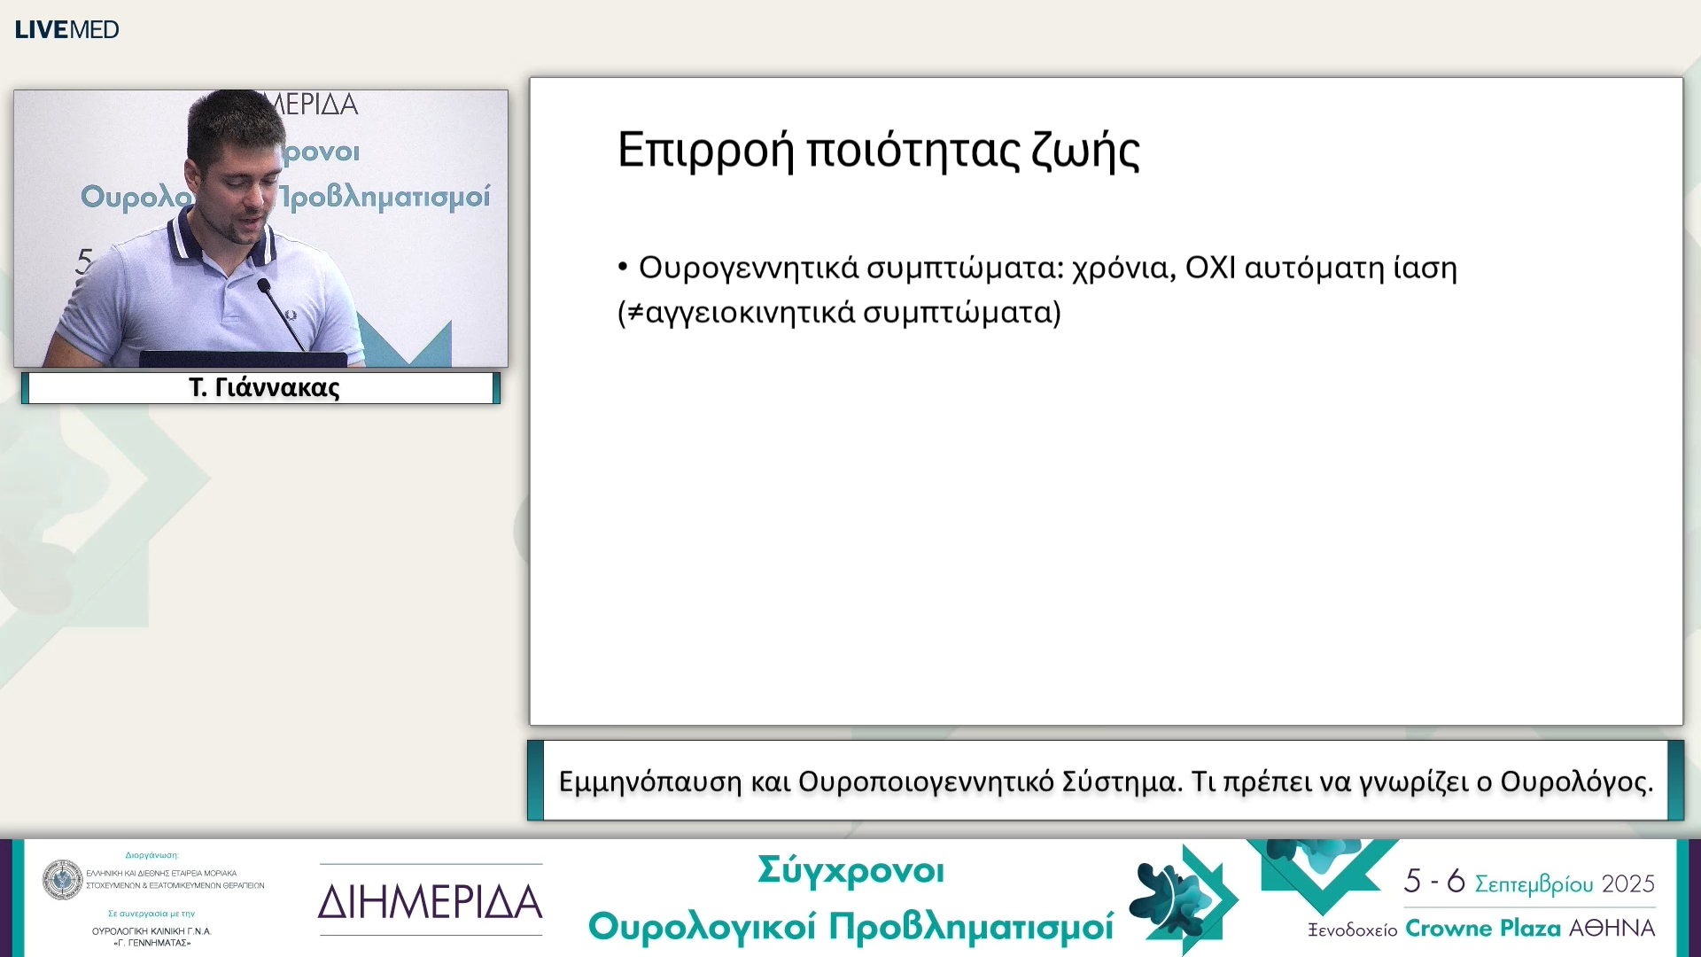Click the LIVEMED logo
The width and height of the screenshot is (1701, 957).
(66, 29)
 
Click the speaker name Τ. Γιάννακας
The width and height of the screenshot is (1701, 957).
(263, 388)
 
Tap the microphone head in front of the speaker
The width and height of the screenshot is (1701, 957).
(263, 285)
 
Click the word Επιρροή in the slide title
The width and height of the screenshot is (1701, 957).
(705, 150)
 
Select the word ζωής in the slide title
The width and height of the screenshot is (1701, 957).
(1085, 151)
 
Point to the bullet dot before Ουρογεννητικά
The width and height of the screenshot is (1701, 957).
(623, 266)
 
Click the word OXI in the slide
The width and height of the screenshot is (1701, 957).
(1209, 267)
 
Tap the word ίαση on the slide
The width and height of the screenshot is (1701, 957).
(1425, 268)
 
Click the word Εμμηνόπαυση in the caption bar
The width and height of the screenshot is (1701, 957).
(649, 782)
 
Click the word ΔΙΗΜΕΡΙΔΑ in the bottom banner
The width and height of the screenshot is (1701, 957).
(430, 902)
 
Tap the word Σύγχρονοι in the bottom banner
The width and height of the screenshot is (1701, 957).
(850, 871)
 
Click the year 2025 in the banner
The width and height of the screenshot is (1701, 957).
(1628, 883)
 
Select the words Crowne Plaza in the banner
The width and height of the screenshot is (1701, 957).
(1482, 929)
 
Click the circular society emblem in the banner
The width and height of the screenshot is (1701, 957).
(62, 879)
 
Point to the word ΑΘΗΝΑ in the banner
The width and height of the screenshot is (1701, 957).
(1612, 929)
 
